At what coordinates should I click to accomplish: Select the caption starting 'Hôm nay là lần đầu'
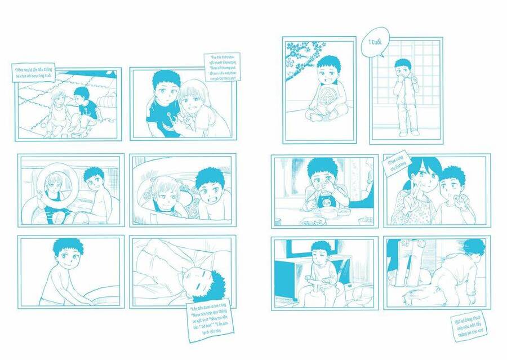[x=34, y=72]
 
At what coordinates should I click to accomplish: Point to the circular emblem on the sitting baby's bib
[x=326, y=96]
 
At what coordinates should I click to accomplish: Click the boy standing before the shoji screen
[x=404, y=96]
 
